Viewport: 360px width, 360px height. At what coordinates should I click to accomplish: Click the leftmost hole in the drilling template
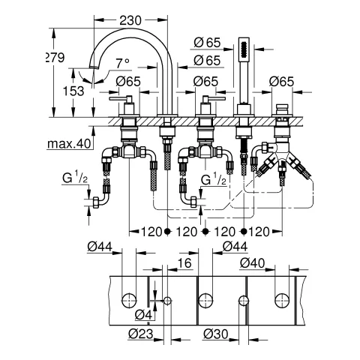point(130,301)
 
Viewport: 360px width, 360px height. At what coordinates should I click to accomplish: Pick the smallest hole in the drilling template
point(167,301)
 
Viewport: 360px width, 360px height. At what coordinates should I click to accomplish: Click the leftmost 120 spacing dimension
point(148,231)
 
